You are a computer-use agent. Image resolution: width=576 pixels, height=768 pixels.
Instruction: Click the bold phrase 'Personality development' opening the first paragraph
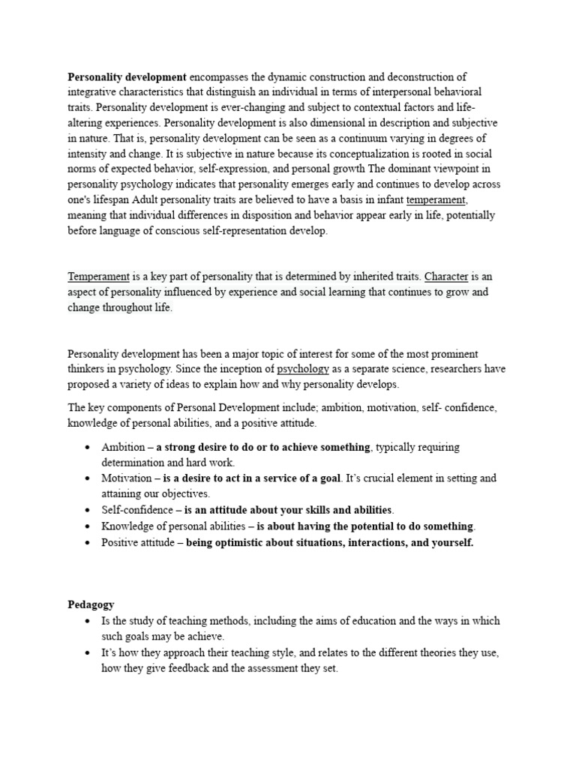[x=127, y=76]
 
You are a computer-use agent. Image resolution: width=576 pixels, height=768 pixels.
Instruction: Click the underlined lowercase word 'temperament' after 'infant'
[x=436, y=199]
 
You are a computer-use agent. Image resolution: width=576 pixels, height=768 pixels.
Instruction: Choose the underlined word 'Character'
[x=446, y=277]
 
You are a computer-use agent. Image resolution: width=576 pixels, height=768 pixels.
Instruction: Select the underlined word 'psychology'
[x=303, y=369]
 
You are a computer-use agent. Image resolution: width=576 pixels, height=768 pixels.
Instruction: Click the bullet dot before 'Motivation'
[x=88, y=478]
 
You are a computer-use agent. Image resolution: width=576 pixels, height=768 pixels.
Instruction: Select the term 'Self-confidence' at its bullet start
[x=136, y=509]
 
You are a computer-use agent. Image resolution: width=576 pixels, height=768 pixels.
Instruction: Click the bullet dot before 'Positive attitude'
[x=88, y=542]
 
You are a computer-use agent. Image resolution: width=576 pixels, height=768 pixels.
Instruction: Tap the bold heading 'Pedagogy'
[x=91, y=604]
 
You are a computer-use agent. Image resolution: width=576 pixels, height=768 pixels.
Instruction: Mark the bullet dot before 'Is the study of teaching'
[x=88, y=622]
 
